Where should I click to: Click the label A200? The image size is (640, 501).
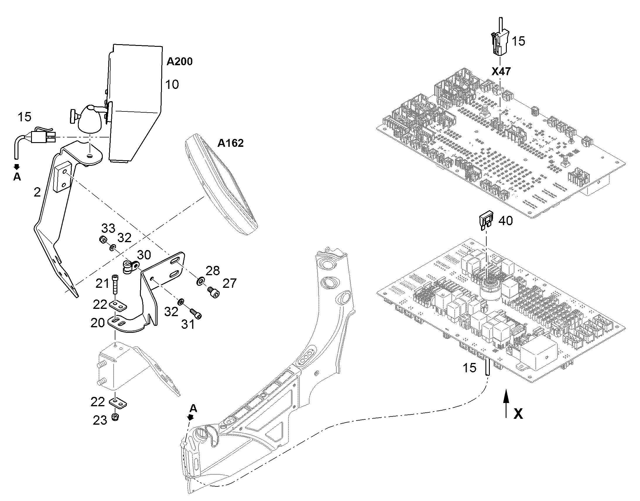pos(179,61)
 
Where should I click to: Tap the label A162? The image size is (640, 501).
pos(230,143)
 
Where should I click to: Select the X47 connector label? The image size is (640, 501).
pos(501,71)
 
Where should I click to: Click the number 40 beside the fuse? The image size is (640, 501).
pos(506,221)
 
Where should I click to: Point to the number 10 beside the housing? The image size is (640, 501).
pos(172,85)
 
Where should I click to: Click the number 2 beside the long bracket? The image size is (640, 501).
pos(37,192)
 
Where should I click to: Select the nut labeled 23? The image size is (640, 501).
pos(115,417)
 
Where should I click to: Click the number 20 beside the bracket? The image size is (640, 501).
pos(98,323)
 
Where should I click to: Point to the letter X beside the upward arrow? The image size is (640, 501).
pos(518,414)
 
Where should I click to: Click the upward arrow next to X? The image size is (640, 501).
pos(506,403)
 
